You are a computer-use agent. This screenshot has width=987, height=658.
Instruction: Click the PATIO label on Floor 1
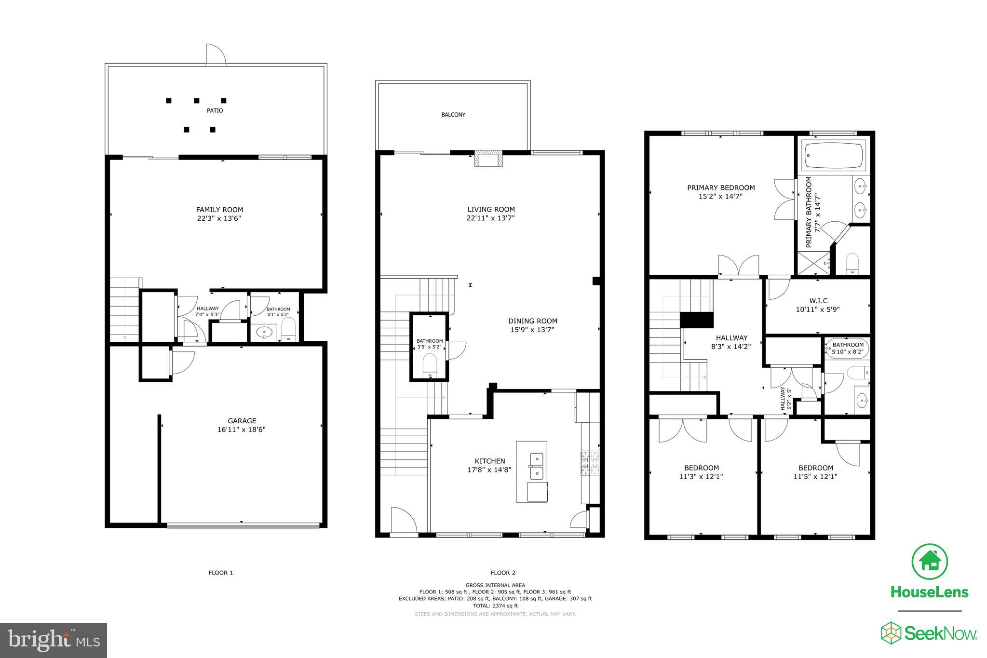point(215,110)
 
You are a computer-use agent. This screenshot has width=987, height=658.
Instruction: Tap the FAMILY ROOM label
point(219,210)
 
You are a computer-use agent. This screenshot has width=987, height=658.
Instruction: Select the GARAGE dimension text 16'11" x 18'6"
point(241,430)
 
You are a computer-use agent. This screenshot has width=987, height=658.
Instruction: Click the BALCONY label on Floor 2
point(453,115)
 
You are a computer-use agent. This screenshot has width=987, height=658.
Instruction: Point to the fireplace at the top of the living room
point(488,159)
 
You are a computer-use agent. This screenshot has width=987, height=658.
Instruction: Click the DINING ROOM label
point(532,321)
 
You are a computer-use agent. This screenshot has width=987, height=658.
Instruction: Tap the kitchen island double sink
point(536,466)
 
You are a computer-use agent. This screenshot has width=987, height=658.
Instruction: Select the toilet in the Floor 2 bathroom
point(429,364)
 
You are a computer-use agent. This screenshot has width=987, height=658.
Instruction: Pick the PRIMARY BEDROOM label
point(721,188)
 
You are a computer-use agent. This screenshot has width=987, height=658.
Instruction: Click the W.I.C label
point(818,301)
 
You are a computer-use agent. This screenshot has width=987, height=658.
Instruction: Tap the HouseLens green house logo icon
point(929,562)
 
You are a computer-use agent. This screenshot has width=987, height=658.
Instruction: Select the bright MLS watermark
point(54,640)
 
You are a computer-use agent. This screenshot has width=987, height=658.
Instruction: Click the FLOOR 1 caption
point(220,573)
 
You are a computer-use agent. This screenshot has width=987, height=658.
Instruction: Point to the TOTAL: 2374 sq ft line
point(495,605)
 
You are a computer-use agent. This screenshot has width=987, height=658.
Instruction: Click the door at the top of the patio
point(215,54)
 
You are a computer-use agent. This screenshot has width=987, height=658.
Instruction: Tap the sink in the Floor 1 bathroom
point(265,332)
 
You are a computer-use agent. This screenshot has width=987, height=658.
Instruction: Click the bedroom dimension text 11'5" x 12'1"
point(815,477)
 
